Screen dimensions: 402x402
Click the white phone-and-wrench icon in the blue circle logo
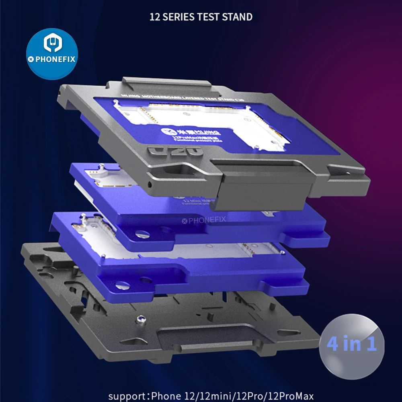pyautogui.click(x=52, y=43)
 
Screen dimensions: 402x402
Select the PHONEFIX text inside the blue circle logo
pyautogui.click(x=53, y=59)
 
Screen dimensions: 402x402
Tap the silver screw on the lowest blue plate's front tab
pyautogui.click(x=123, y=285)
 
